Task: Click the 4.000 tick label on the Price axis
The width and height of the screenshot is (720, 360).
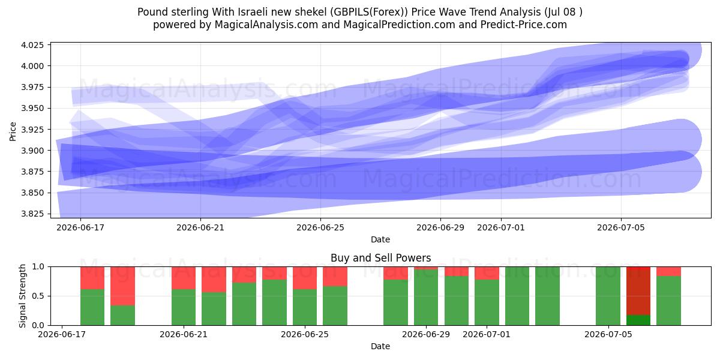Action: (32, 66)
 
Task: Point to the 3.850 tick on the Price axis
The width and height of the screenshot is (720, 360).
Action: (32, 193)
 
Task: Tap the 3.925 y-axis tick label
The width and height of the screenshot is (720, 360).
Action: (32, 130)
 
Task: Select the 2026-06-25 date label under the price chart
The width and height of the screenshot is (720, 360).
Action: (320, 227)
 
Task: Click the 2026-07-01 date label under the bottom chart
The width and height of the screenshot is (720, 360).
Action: (487, 334)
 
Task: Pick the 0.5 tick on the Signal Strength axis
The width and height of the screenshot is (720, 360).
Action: (38, 296)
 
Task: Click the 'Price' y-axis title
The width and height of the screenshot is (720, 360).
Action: (13, 131)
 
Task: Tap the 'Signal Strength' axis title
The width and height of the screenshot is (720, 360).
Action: (22, 296)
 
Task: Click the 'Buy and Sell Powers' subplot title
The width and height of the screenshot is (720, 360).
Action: (380, 258)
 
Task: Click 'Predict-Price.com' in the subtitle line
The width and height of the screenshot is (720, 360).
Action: (524, 25)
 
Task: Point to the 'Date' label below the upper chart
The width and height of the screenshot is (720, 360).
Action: (380, 239)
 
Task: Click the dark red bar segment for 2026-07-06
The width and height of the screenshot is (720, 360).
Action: (638, 291)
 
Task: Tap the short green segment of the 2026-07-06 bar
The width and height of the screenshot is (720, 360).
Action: (638, 320)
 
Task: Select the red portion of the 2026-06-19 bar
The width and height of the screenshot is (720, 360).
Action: (122, 286)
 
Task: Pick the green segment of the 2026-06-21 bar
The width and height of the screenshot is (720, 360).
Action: (183, 307)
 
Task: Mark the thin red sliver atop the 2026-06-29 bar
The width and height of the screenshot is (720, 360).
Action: (425, 268)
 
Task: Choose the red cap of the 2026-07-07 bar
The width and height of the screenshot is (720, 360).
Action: (668, 272)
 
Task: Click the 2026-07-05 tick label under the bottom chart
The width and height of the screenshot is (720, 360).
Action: (608, 334)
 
